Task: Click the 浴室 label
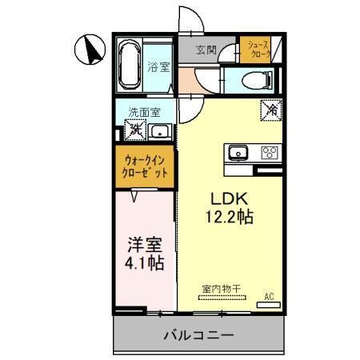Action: pos(158,67)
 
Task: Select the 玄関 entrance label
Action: pos(206,50)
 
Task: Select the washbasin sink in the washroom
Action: pos(160,131)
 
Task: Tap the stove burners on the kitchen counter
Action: pos(268,153)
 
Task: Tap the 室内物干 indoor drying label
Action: pos(221,289)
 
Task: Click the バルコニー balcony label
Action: pos(200,334)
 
